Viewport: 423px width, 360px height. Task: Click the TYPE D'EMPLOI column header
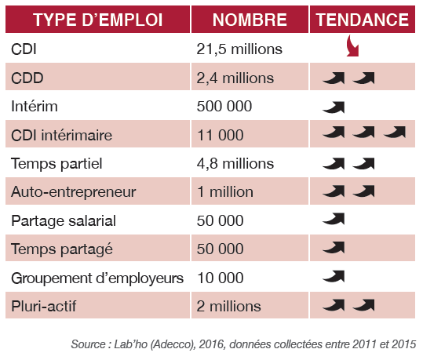[97, 20]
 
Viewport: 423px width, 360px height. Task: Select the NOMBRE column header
[250, 20]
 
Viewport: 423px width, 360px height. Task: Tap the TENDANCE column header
[363, 20]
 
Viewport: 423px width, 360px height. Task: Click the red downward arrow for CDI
[353, 46]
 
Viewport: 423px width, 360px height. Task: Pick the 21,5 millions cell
[239, 49]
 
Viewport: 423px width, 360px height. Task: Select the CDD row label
[27, 78]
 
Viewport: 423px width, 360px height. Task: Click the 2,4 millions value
[235, 78]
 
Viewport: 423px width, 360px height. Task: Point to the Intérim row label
[35, 106]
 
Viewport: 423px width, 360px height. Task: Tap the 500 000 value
[224, 106]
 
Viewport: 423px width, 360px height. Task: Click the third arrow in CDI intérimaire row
[395, 133]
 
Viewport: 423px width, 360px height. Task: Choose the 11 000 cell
[221, 135]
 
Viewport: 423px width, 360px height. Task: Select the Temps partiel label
[57, 164]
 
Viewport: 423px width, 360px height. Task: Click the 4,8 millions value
[235, 164]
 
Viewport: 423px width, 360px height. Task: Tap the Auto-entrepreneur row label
[74, 192]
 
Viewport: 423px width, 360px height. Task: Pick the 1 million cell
[225, 192]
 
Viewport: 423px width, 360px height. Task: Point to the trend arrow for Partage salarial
[334, 219]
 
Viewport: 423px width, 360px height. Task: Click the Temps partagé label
[62, 249]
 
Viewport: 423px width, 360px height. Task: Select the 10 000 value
[221, 278]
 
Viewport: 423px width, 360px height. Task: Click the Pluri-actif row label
[44, 307]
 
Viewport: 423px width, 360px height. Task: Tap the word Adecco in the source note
[173, 344]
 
